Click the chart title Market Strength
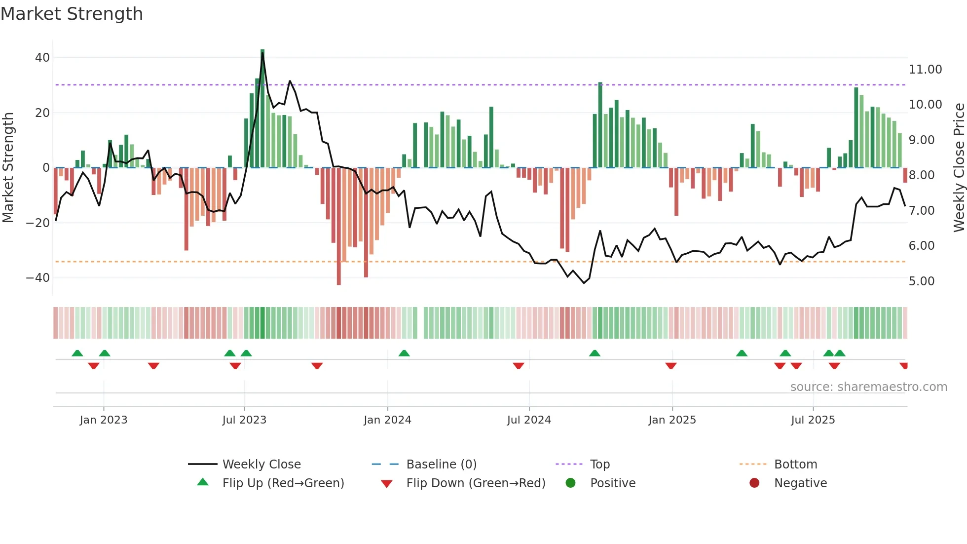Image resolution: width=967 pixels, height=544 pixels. pos(72,14)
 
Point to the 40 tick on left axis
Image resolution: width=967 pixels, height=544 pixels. pos(42,58)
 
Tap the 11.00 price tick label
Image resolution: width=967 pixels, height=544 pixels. pos(925,70)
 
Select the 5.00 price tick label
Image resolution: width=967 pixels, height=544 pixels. pos(921,281)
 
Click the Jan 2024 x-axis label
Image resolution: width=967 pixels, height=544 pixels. pos(387,420)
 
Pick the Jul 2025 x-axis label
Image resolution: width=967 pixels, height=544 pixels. pos(813,420)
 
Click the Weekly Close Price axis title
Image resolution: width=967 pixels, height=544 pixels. pos(959,168)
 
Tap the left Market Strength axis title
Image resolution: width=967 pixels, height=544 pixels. pos(8,168)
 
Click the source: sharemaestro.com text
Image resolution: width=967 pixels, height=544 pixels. pos(868,387)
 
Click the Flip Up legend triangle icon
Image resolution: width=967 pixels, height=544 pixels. pos(203,482)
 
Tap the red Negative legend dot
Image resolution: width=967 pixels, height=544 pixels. pos(754,483)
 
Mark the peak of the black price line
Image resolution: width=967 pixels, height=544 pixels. pos(262,54)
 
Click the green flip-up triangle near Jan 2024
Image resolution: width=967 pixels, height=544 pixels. pos(404,353)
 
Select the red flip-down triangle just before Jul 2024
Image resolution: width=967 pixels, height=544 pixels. pos(518,366)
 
